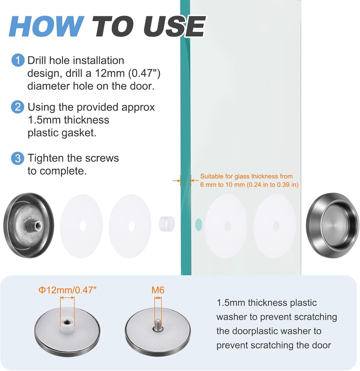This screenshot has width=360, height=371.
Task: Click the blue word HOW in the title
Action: tap(46, 26)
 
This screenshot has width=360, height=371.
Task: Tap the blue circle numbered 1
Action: tap(18, 60)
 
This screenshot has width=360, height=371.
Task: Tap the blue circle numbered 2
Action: tap(18, 107)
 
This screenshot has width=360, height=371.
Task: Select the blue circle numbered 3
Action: tap(18, 158)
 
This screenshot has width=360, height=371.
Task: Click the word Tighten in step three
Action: tap(46, 158)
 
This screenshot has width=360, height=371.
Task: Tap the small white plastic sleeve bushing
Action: tap(167, 224)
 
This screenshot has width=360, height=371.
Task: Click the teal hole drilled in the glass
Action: tap(199, 225)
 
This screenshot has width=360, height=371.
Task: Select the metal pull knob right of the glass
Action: tap(332, 225)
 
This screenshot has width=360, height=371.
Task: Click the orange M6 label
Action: tap(158, 290)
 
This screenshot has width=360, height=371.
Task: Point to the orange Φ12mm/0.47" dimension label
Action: tap(67, 290)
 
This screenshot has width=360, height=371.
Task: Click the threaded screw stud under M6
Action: tap(158, 325)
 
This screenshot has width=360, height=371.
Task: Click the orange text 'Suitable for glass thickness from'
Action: tap(247, 176)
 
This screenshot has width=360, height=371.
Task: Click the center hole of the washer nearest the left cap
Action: tap(83, 226)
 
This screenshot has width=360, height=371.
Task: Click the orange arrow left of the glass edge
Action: tap(176, 181)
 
